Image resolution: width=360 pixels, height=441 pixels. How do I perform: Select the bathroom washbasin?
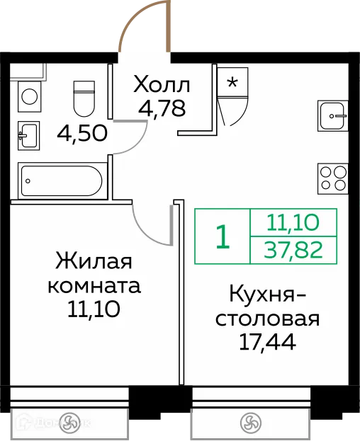pyautogui.click(x=28, y=133)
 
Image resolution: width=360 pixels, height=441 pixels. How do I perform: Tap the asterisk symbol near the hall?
pyautogui.click(x=232, y=81)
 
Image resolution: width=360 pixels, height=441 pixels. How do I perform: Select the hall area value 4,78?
pyautogui.click(x=162, y=110)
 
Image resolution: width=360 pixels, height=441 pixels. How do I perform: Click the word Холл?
pyautogui.click(x=162, y=86)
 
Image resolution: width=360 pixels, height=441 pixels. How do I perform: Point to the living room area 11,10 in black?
pyautogui.click(x=94, y=309)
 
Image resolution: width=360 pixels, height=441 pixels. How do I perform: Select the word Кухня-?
pyautogui.click(x=269, y=294)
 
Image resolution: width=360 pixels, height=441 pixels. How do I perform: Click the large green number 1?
pyautogui.click(x=223, y=237)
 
